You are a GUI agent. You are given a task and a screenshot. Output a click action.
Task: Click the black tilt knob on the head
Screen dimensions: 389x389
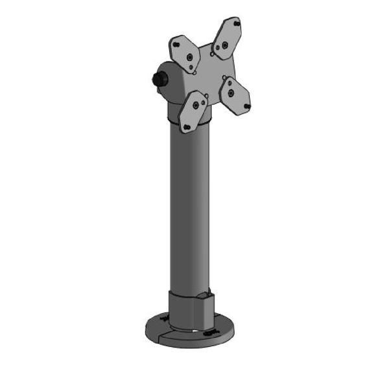click(158, 80)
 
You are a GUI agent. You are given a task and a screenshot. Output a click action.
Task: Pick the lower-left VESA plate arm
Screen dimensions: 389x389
click(193, 111)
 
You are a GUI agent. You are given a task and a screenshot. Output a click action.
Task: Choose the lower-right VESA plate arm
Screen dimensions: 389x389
click(235, 95)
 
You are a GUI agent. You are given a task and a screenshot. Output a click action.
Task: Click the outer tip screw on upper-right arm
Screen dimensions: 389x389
click(237, 23)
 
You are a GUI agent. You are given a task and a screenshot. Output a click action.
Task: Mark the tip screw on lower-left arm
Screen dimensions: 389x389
click(187, 126)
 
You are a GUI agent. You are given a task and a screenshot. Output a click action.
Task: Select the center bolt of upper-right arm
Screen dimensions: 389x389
click(224, 45)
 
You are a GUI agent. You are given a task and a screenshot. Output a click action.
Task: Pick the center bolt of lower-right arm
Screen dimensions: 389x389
click(230, 91)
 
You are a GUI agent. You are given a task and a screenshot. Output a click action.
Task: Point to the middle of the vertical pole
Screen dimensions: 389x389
click(191, 207)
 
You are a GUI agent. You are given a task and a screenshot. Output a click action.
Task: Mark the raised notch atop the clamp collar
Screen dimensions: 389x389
click(205, 296)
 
